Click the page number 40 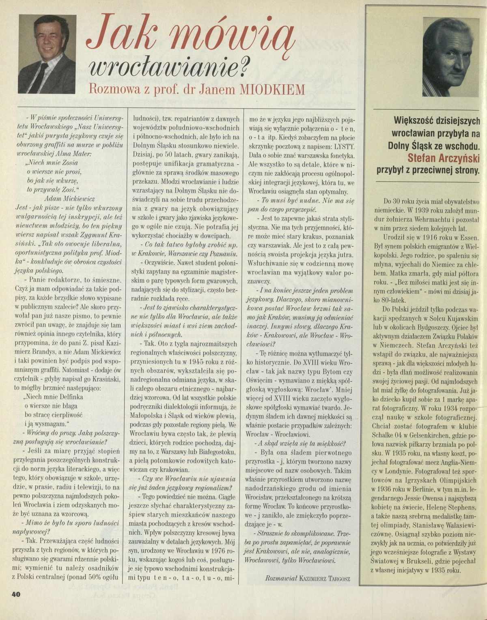coord(15,594)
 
